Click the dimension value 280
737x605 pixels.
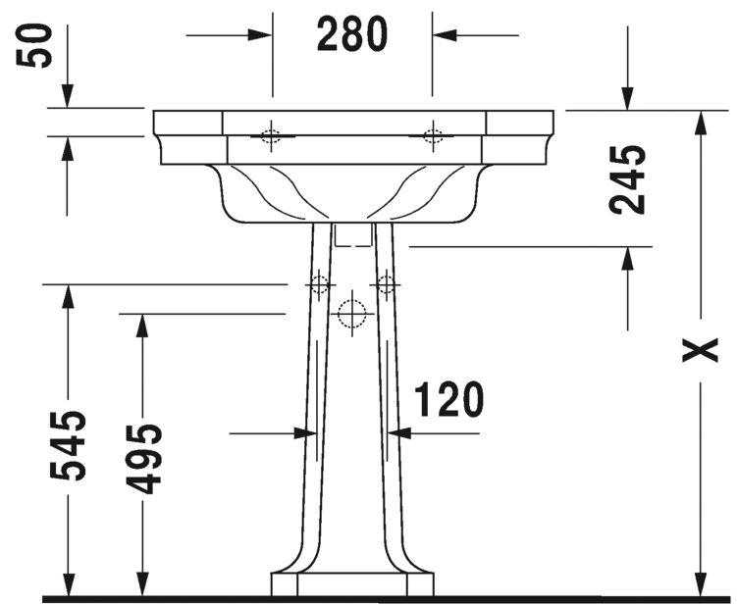click(352, 35)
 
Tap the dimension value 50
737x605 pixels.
click(38, 45)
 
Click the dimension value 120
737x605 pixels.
click(448, 401)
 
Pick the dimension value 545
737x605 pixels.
click(68, 445)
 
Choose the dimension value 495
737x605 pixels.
click(143, 458)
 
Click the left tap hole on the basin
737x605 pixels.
click(272, 136)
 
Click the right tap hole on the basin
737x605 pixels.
click(432, 135)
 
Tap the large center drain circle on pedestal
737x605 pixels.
click(351, 314)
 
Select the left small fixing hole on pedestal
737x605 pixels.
click(317, 284)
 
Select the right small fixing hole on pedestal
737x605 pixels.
click(386, 284)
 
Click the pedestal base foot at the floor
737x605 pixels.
click(351, 584)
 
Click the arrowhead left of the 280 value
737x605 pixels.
click(259, 35)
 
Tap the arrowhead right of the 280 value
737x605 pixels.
click(445, 35)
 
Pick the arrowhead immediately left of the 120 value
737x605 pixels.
click(400, 431)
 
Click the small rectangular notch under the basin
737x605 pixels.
click(352, 235)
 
